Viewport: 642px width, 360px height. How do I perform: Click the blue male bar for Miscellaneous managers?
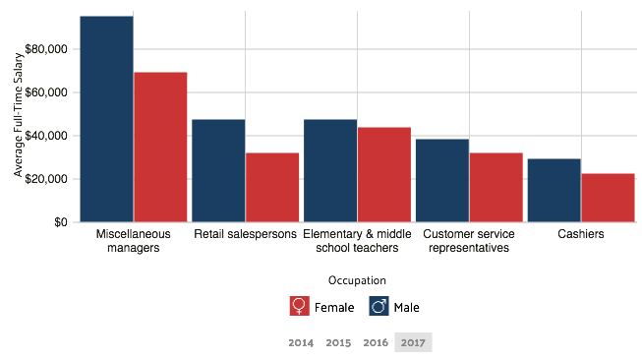point(106,118)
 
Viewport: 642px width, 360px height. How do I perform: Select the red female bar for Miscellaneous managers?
point(160,147)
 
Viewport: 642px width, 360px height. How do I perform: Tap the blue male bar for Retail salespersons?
point(218,170)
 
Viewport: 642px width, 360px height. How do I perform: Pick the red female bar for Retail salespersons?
point(272,187)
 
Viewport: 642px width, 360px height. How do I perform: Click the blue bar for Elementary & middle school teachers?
point(330,170)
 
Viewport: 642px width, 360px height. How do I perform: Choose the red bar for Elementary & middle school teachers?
point(384,174)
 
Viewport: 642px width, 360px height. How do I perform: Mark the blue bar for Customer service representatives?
point(442,180)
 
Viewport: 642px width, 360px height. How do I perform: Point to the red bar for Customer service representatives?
point(496,187)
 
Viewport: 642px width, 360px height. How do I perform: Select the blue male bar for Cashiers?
point(554,190)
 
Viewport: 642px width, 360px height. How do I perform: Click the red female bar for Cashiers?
point(609,198)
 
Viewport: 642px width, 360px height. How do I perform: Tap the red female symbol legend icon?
point(300,306)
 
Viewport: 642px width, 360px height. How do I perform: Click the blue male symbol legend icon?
point(379,306)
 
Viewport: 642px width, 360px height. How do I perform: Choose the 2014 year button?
point(301,343)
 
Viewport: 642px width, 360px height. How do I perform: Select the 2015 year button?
point(338,343)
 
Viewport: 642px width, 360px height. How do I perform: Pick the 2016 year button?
point(376,343)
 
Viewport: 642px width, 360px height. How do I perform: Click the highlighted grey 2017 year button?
point(413,342)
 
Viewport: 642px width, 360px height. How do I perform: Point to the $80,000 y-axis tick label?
point(48,49)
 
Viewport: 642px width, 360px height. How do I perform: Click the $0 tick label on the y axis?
point(61,222)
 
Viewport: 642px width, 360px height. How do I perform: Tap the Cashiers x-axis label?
point(581,234)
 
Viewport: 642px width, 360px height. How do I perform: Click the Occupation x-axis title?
point(357,280)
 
